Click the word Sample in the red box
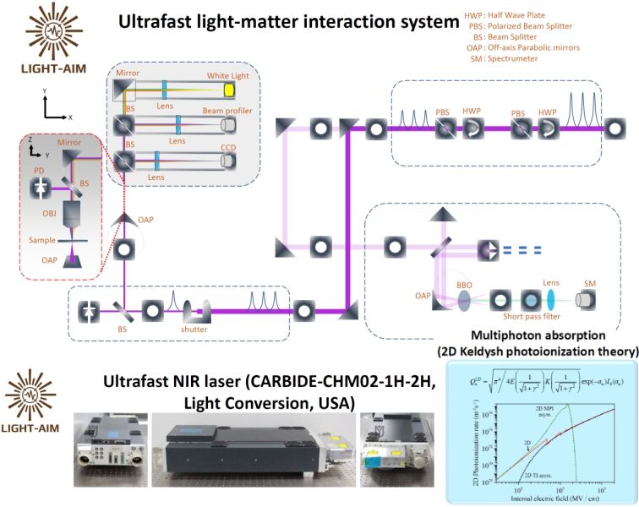44,241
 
